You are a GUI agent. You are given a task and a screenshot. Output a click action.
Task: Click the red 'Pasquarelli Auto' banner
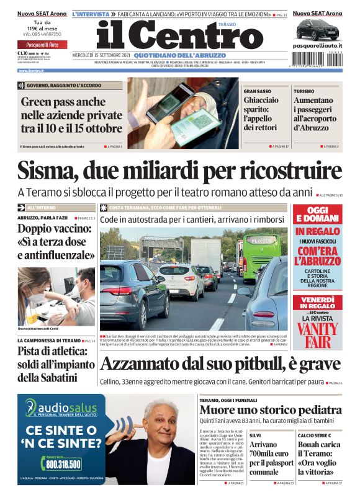40,45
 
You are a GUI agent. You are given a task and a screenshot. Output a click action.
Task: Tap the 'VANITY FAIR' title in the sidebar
318,334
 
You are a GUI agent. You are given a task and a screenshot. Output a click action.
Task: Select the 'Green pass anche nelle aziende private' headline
71,115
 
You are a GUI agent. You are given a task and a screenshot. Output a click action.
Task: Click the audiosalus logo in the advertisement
62,408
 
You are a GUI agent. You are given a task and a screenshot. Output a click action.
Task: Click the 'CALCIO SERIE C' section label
310,436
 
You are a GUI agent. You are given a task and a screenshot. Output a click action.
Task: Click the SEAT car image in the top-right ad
317,29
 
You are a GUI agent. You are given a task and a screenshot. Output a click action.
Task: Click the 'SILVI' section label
255,436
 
